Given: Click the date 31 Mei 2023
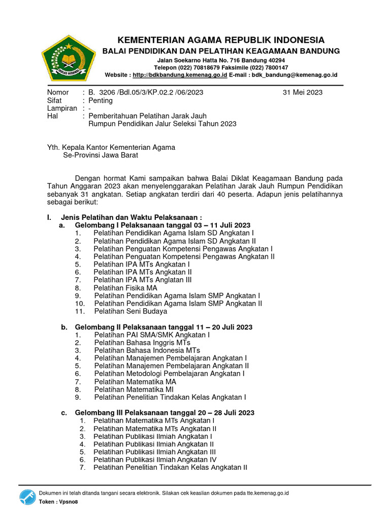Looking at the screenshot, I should (302, 92).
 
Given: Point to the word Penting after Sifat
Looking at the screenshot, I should (101, 101).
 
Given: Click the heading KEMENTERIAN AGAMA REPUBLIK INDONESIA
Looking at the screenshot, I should (221, 40).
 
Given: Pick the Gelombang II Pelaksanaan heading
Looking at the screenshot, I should (164, 328).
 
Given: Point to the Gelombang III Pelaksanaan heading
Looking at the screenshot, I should (165, 413).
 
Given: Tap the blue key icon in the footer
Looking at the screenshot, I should (27, 497).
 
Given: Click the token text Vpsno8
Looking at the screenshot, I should (64, 502).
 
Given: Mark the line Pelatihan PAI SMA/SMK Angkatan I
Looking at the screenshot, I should (152, 335).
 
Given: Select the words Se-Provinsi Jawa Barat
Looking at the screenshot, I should (100, 155).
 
